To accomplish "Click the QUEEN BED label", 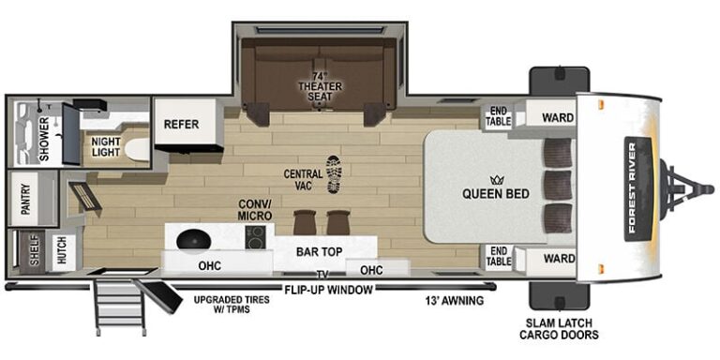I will tap(495, 194).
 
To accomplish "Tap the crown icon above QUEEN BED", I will tap(495, 177).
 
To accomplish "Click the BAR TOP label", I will tap(318, 251).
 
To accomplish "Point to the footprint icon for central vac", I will tap(333, 174).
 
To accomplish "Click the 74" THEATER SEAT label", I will tap(321, 87).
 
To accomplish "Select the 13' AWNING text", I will tap(452, 301).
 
